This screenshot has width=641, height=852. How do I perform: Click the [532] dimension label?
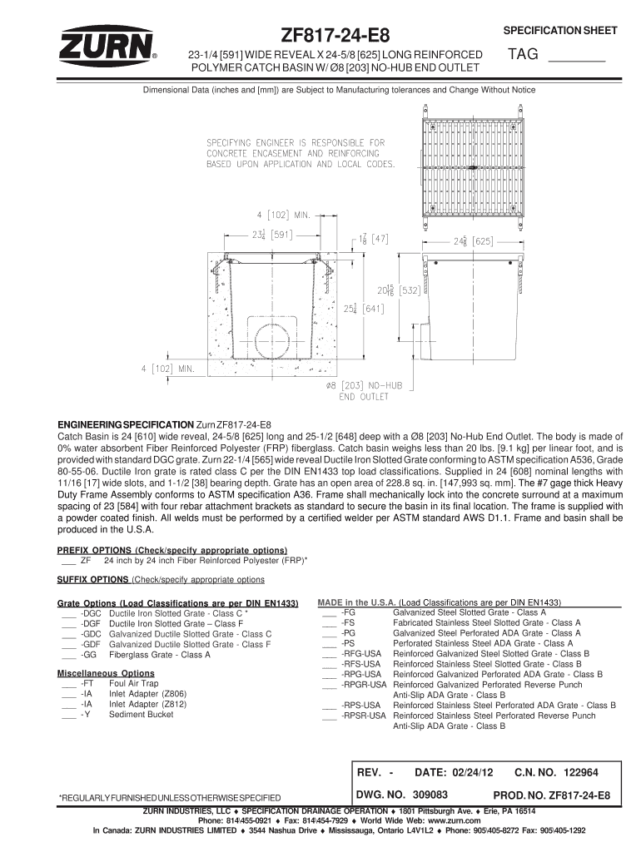point(411,291)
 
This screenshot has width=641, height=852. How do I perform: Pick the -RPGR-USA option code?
point(364,684)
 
